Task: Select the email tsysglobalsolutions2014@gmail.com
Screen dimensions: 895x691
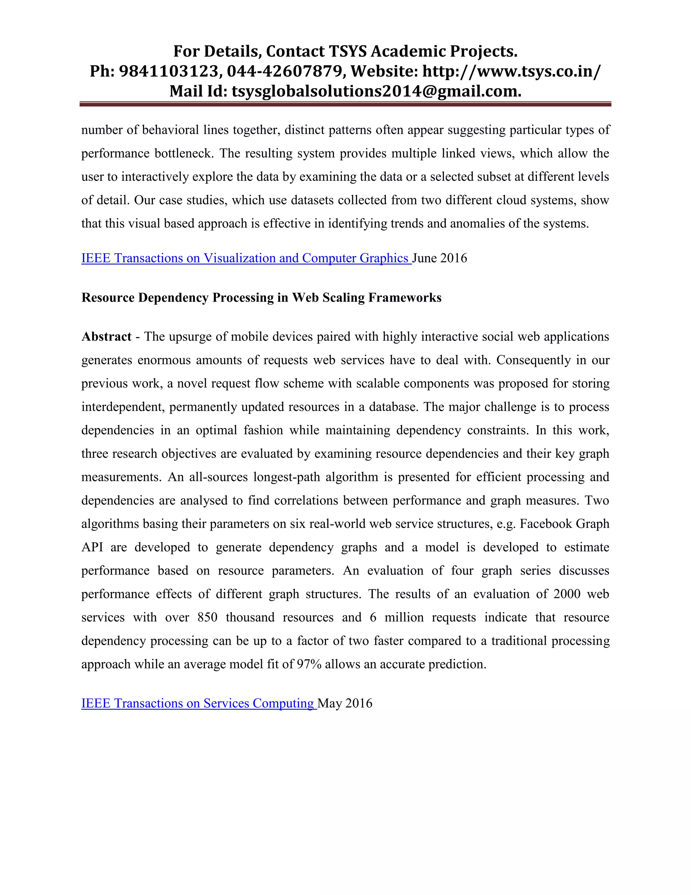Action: point(376,91)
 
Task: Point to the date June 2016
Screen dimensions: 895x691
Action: point(440,258)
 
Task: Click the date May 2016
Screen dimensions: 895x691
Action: point(345,703)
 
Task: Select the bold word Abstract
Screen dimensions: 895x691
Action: point(106,336)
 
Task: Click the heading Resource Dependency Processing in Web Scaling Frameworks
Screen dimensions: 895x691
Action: point(261,298)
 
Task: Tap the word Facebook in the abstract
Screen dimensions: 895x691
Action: point(546,524)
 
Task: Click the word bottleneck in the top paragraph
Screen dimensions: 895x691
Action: point(184,153)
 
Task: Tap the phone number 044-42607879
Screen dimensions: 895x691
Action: point(284,71)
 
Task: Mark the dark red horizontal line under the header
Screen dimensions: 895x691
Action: point(345,104)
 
